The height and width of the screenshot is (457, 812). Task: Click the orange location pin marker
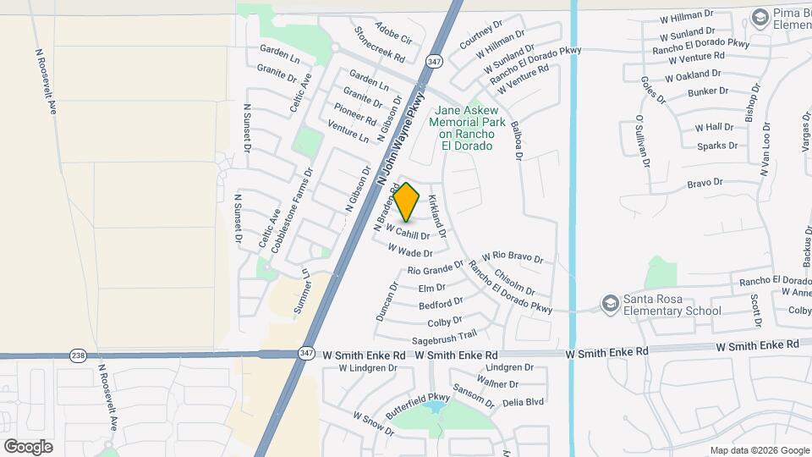tap(407, 202)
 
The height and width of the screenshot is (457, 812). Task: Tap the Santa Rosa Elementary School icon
tap(609, 303)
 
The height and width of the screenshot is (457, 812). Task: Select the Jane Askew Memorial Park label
tap(466, 128)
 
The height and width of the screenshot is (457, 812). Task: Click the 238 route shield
tap(79, 355)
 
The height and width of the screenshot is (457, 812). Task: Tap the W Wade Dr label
tap(410, 251)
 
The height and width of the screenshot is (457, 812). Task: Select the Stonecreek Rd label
tap(380, 49)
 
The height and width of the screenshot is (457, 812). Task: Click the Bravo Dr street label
tap(705, 183)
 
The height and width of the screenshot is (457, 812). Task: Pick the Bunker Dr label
tap(708, 91)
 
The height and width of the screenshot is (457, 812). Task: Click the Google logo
tap(28, 446)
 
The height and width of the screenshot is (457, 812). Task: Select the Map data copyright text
tap(759, 450)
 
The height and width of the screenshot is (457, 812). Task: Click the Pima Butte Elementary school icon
tap(759, 16)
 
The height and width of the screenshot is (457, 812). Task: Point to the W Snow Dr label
tap(368, 423)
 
